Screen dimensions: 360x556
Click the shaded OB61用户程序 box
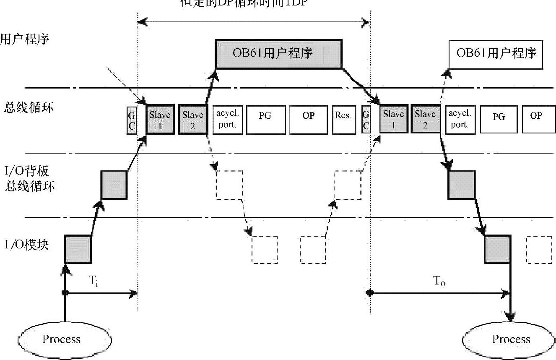pos(279,54)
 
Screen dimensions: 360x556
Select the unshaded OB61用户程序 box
pos(496,54)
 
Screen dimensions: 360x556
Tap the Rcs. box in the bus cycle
pos(343,120)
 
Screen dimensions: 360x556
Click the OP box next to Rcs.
pos(308,120)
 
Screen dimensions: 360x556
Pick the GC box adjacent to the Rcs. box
pos(366,120)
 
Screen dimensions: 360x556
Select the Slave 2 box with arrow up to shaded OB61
pos(192,120)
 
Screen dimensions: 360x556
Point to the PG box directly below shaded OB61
pos(265,120)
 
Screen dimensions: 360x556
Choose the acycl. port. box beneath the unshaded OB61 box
pos(460,120)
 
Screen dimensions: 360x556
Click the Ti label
pos(94,282)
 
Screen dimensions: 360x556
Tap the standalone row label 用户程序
pos(24,39)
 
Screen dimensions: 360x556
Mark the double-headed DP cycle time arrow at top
pos(254,21)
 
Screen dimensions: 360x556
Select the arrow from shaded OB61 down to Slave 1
pos(361,86)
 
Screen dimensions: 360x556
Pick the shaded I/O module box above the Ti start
pos(78,249)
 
